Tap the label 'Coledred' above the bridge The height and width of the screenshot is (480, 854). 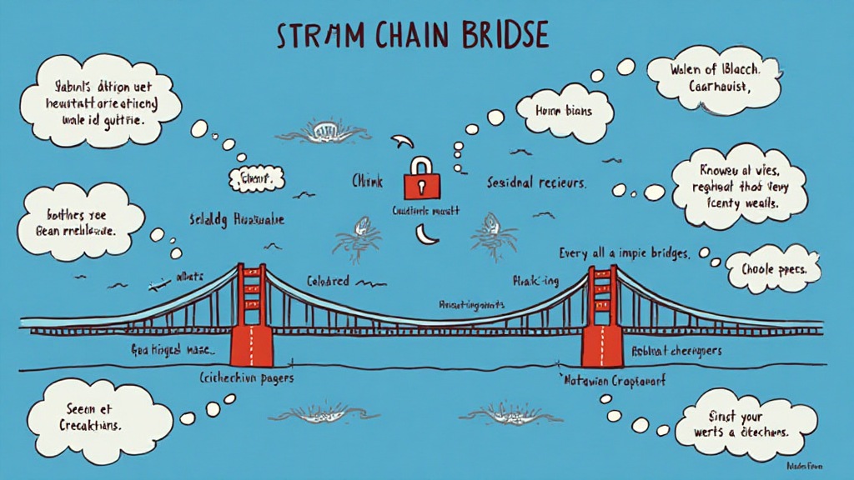(327, 281)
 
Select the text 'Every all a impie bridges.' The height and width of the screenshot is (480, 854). (625, 253)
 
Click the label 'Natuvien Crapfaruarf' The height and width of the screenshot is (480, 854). (620, 381)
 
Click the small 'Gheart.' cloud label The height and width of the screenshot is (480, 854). (256, 177)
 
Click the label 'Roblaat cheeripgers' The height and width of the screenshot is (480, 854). (676, 351)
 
